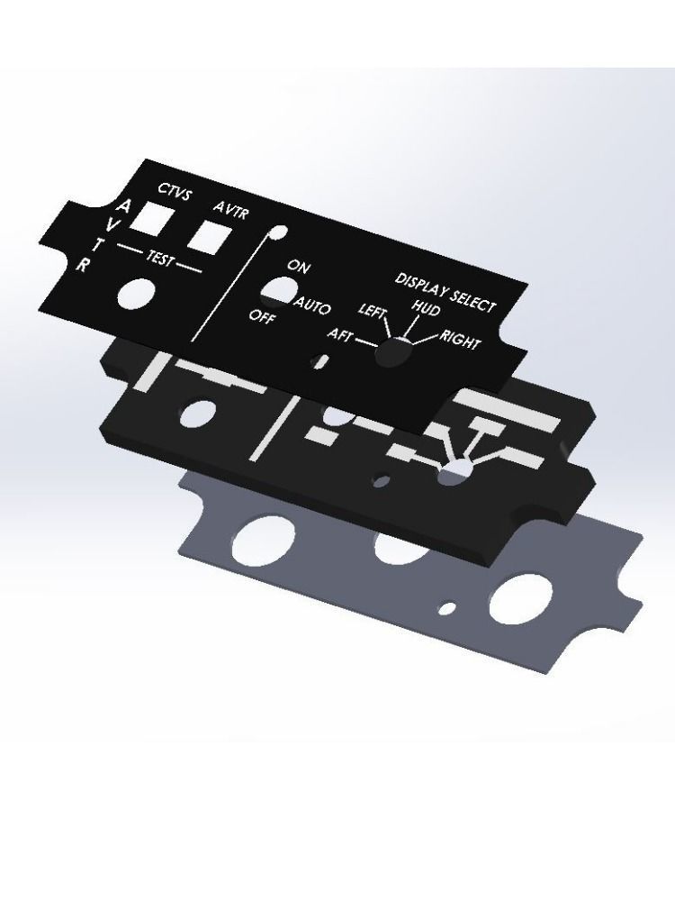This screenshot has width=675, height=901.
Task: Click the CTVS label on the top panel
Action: tap(175, 190)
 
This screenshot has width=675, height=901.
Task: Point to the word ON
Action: tap(299, 267)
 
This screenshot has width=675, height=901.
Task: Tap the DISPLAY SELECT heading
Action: tap(445, 291)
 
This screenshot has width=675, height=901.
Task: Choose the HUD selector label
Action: tap(425, 308)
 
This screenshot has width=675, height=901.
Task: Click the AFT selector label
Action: tap(340, 335)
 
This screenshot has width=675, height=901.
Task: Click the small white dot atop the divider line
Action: tap(280, 232)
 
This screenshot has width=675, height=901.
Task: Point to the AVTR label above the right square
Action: tap(231, 210)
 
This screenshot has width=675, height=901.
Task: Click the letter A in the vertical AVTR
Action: tap(124, 207)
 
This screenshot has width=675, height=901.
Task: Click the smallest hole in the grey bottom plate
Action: tap(445, 610)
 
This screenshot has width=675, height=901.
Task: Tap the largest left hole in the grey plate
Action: tap(260, 538)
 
